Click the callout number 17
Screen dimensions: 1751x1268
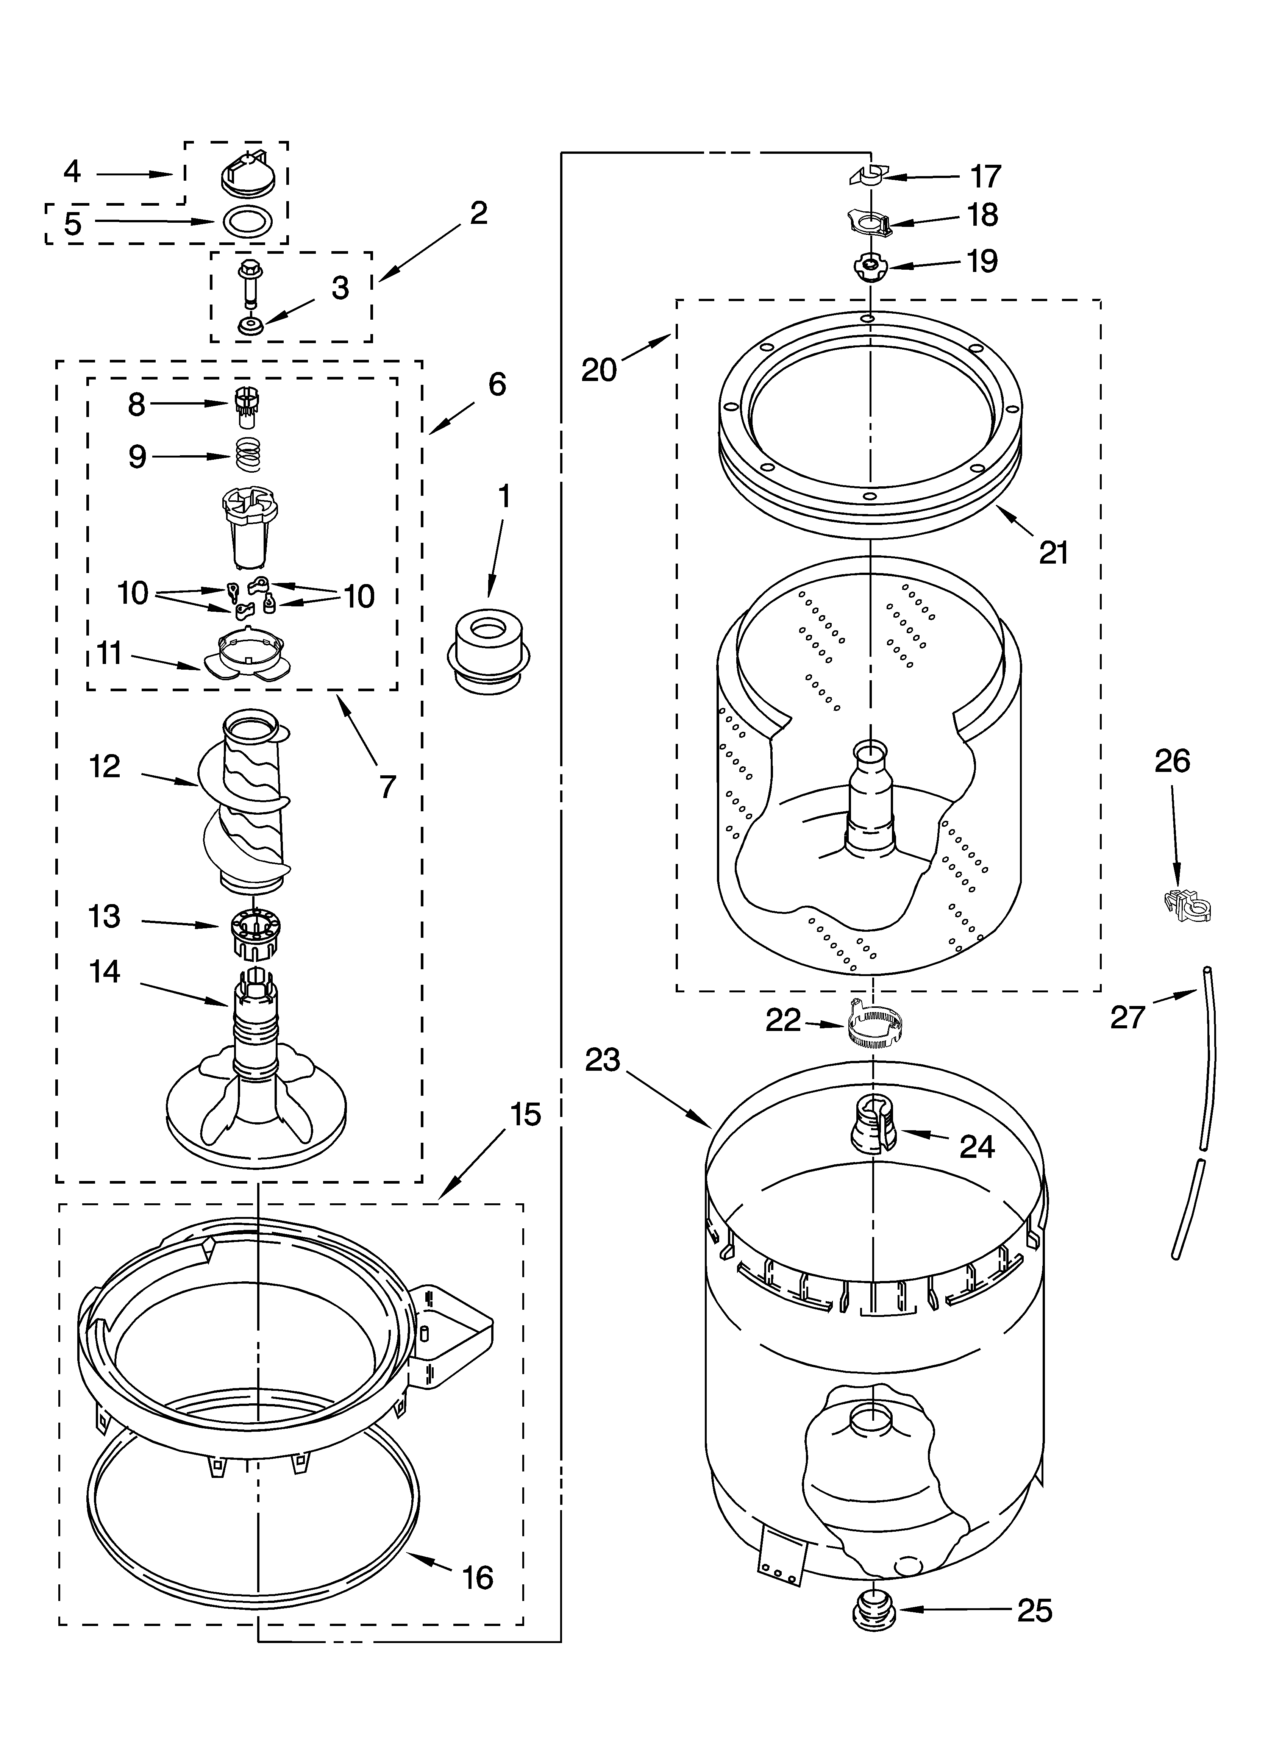click(x=985, y=177)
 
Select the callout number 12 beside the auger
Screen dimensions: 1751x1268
click(x=104, y=767)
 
